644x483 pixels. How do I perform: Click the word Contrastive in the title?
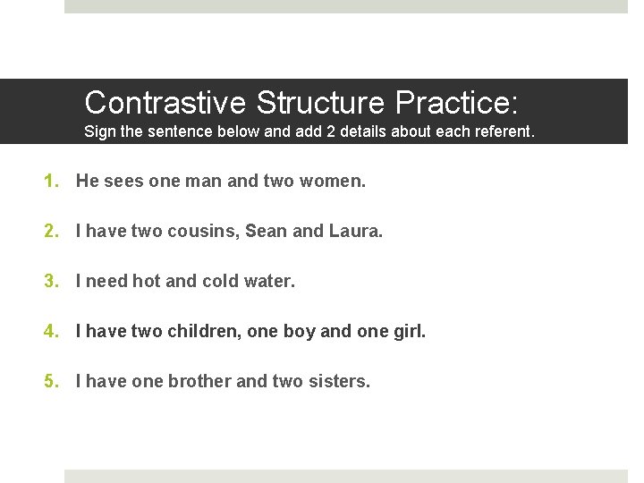coord(165,102)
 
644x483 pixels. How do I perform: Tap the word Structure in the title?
coord(320,102)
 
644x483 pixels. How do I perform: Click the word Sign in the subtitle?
coord(100,132)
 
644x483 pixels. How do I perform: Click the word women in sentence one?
coord(335,182)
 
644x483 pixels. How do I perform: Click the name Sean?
coord(266,232)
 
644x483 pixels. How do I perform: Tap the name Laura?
coord(354,232)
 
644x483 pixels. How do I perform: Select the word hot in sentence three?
coord(147,282)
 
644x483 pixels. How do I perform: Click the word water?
coord(269,282)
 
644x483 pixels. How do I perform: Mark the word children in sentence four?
coord(203,332)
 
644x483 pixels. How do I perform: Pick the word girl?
coord(408,332)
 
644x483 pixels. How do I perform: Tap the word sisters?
coord(338,382)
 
